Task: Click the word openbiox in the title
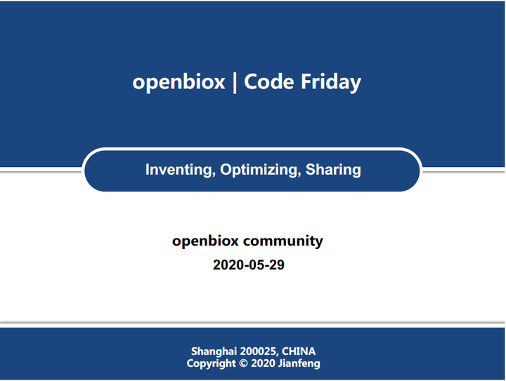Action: coord(179,82)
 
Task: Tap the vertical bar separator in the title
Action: coord(235,83)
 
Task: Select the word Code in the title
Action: coord(268,81)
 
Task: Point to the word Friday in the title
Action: coord(331,83)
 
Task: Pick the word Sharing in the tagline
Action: coord(333,170)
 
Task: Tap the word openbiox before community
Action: coord(205,241)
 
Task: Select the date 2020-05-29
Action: coord(249,265)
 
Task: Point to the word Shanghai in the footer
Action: coord(214,352)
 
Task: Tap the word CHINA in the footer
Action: coord(299,351)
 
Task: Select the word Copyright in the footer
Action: coord(211,363)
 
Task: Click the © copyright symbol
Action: coord(244,363)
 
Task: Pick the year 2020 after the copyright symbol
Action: coord(263,363)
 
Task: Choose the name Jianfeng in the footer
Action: coord(299,363)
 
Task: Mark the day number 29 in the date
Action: coord(277,265)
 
